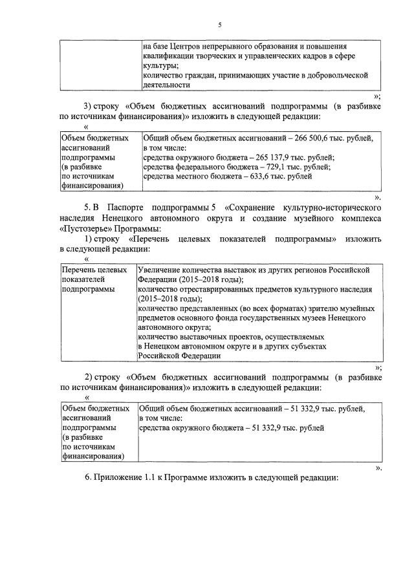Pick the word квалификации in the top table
click(x=168, y=56)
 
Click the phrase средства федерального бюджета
click(x=186, y=166)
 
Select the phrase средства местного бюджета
click(x=180, y=176)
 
